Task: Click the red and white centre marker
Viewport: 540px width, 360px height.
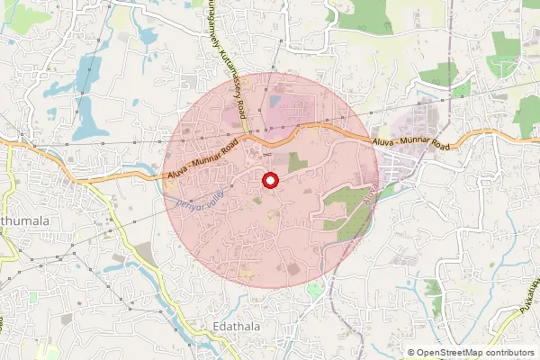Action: (269, 181)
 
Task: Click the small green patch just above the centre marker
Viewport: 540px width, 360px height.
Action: (296, 162)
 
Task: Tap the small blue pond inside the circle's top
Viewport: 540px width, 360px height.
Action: (273, 102)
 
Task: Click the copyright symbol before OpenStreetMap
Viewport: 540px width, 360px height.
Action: (411, 353)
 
